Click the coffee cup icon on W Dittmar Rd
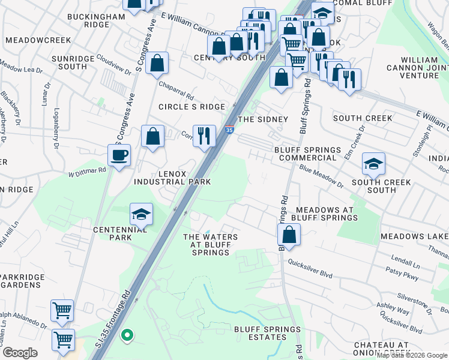click(x=118, y=155)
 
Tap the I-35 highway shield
click(x=229, y=130)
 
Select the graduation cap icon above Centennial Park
click(x=141, y=214)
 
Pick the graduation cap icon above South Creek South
click(x=373, y=163)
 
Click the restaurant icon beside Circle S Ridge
click(x=204, y=135)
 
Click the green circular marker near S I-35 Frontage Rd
click(x=126, y=335)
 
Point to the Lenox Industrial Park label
click(x=172, y=177)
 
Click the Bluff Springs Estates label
click(x=267, y=333)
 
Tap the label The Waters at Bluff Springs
click(x=210, y=245)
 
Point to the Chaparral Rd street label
click(x=176, y=91)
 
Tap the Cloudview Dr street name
click(x=113, y=66)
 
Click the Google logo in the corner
click(x=20, y=353)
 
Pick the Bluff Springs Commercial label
click(x=307, y=154)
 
